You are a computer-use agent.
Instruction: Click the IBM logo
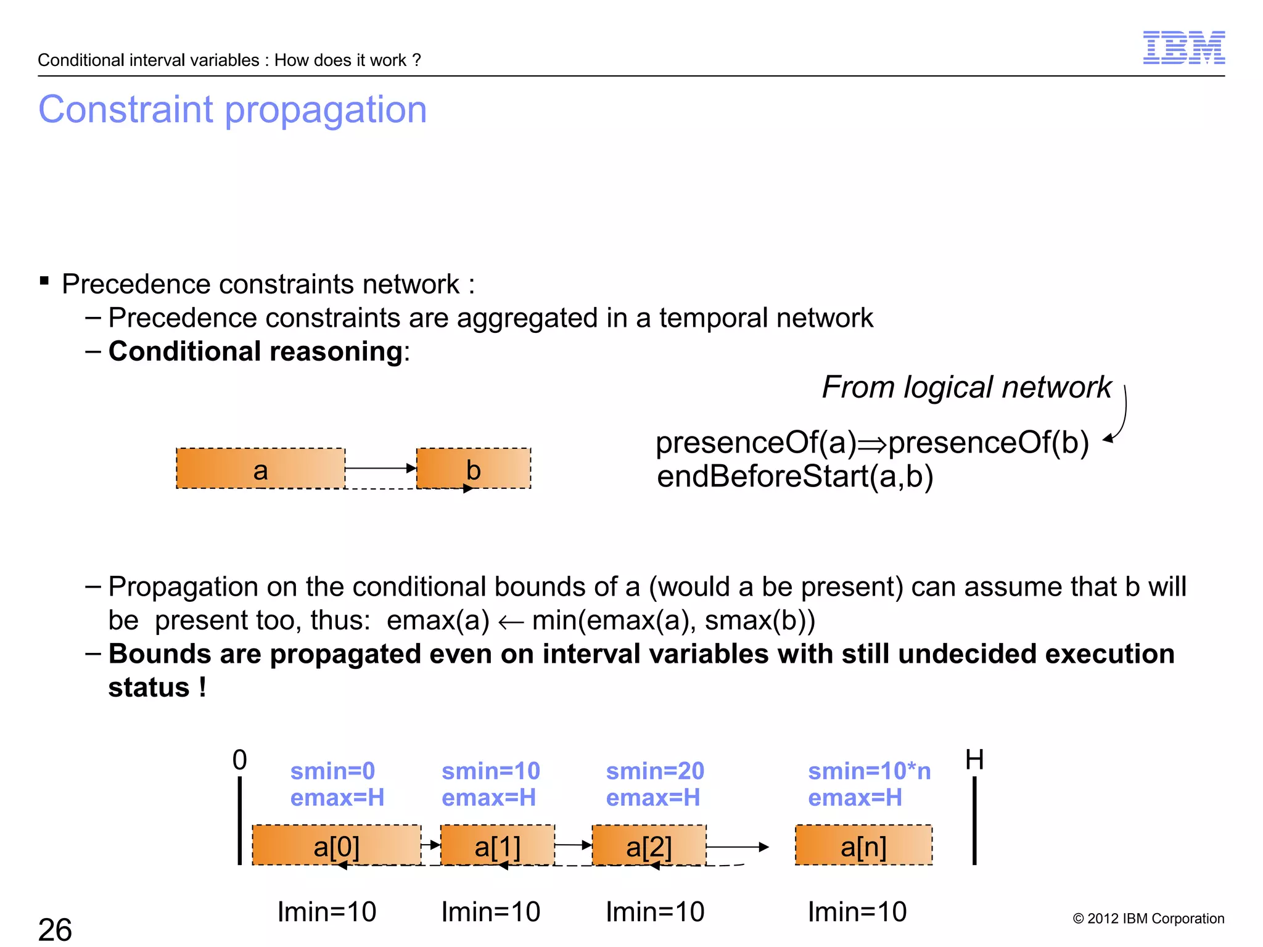click(x=1183, y=47)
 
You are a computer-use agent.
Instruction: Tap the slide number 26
click(x=55, y=929)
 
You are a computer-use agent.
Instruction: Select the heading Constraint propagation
click(x=232, y=110)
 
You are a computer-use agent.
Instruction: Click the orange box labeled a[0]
click(x=337, y=845)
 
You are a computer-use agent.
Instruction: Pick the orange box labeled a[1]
click(x=498, y=845)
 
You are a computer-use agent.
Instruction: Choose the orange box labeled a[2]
click(x=649, y=845)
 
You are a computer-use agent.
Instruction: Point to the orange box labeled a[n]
click(x=863, y=845)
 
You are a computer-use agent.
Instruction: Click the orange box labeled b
click(x=474, y=469)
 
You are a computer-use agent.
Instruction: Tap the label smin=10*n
click(x=870, y=771)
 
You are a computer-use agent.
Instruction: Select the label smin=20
click(x=655, y=771)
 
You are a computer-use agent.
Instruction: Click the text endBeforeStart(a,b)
click(x=795, y=477)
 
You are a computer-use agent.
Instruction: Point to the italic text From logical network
click(x=966, y=387)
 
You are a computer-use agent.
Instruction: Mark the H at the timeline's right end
click(x=974, y=760)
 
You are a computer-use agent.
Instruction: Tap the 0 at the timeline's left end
click(x=239, y=760)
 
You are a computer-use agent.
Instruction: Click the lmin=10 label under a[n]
click(x=857, y=912)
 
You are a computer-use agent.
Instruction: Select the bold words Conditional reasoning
click(x=255, y=351)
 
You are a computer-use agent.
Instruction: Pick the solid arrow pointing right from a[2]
click(x=738, y=847)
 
